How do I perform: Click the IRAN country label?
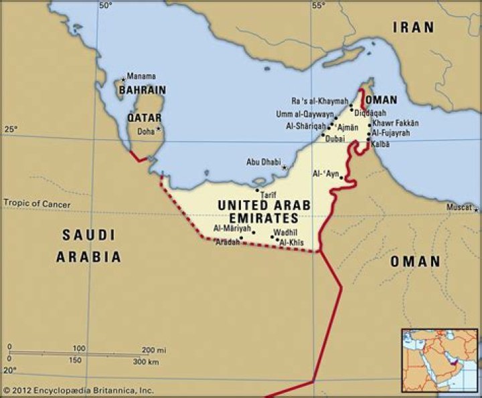click(413, 27)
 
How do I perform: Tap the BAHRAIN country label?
click(142, 90)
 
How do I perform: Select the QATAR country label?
click(144, 118)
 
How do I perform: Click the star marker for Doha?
click(159, 129)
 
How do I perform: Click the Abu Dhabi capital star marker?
click(285, 167)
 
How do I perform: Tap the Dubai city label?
click(335, 139)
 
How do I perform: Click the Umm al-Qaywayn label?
click(305, 114)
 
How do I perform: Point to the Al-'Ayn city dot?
click(341, 177)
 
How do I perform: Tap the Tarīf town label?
click(268, 195)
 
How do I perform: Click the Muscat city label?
click(459, 207)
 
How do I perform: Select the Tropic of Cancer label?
click(37, 203)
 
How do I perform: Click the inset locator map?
click(439, 360)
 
